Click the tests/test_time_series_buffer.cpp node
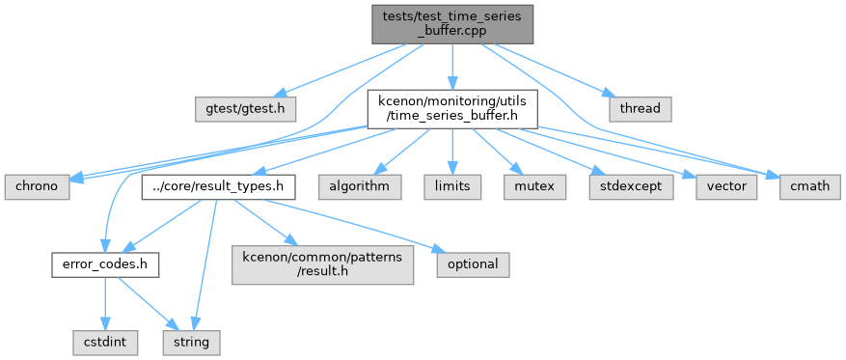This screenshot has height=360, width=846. [x=452, y=24]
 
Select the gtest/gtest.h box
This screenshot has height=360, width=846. [x=246, y=108]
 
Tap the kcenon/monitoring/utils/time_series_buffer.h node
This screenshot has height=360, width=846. [x=452, y=109]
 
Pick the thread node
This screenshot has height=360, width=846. [x=640, y=108]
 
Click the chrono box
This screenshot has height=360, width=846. [x=38, y=186]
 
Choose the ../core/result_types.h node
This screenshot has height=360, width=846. [x=219, y=186]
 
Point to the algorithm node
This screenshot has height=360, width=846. [x=360, y=186]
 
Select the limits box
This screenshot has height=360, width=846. [x=452, y=186]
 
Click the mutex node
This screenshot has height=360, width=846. [x=535, y=186]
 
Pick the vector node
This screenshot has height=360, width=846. [x=726, y=186]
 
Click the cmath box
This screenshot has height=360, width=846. [x=810, y=186]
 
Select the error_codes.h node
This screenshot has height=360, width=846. [x=105, y=265]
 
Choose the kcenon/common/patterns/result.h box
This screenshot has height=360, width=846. [x=322, y=264]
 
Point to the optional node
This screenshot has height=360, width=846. [x=474, y=265]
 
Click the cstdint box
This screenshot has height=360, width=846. [x=105, y=343]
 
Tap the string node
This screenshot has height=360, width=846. [x=192, y=343]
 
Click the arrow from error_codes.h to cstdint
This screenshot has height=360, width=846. [x=105, y=303]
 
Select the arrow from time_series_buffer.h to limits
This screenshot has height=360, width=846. [x=452, y=152]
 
